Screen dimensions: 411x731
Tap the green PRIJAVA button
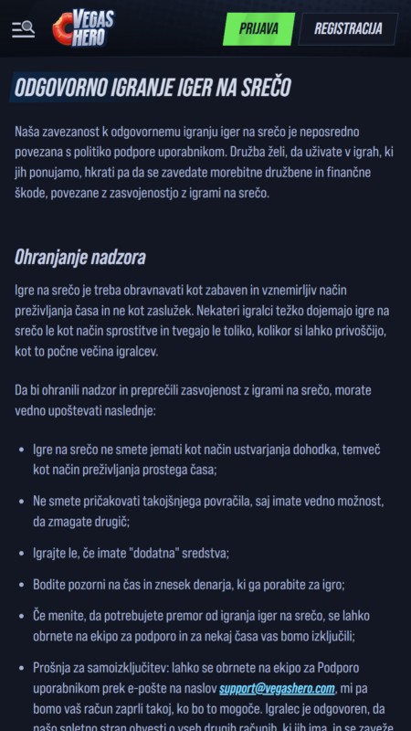[x=258, y=28]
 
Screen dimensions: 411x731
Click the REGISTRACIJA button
[x=348, y=28]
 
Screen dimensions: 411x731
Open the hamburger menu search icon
[x=23, y=29]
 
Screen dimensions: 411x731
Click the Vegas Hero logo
[x=83, y=29]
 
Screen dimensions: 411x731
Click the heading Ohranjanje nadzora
[x=79, y=257]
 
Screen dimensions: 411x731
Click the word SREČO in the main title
[x=265, y=88]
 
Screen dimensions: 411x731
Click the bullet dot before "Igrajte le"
[x=21, y=553]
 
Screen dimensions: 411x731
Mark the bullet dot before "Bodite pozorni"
[x=21, y=584]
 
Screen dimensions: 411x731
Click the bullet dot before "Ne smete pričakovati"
[x=21, y=502]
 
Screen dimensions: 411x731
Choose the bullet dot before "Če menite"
[x=21, y=617]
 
